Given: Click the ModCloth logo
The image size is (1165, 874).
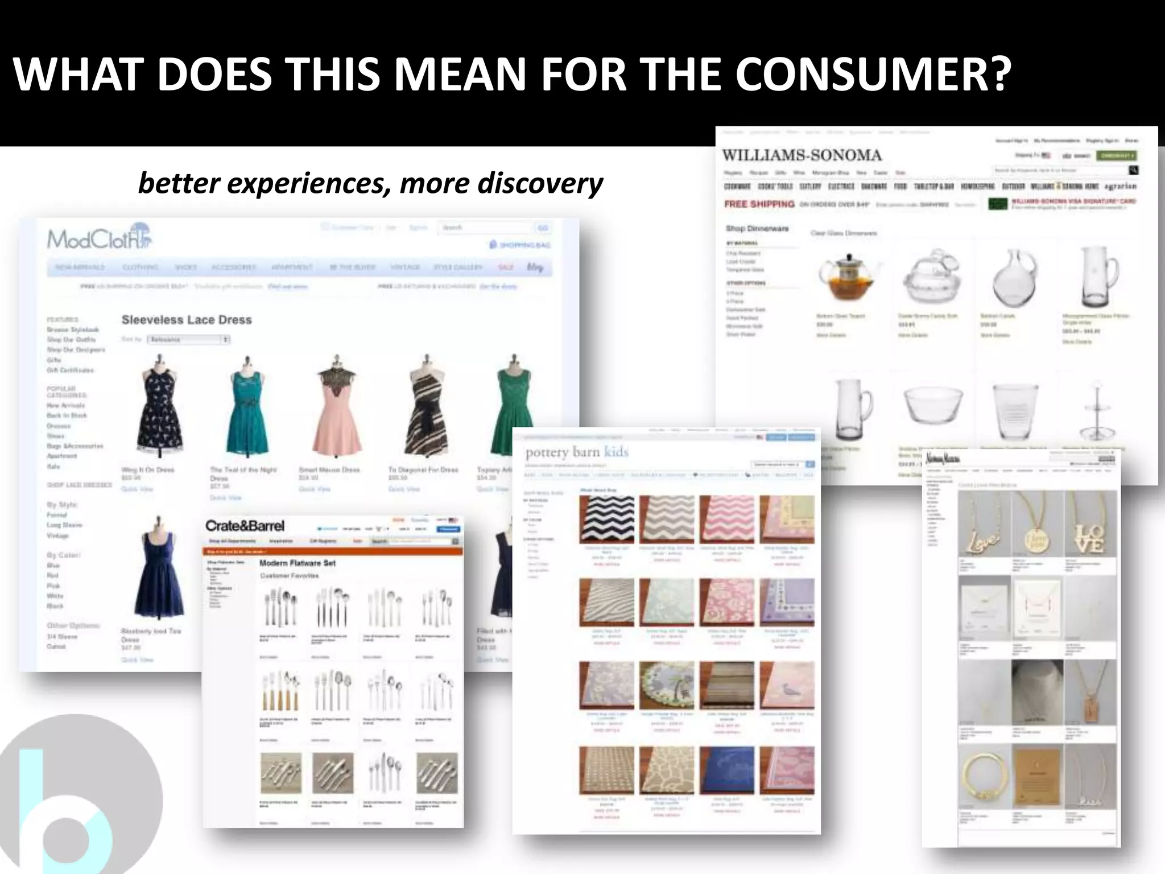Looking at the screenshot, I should [x=100, y=238].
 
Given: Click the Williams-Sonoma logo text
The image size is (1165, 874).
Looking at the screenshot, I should [x=802, y=155].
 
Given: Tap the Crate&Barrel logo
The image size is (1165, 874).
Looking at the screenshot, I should [x=245, y=526].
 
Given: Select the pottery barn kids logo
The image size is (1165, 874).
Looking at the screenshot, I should [x=577, y=453].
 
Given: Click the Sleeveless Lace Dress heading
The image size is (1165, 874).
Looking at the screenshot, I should [x=187, y=320].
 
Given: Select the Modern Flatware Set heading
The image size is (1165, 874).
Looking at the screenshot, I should [x=298, y=563].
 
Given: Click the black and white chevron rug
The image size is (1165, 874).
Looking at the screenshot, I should [x=606, y=519].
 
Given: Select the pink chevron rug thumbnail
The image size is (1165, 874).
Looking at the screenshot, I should [x=727, y=519].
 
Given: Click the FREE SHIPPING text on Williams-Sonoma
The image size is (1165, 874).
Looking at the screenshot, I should [x=759, y=204].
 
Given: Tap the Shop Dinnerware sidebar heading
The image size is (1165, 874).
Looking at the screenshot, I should [x=757, y=229].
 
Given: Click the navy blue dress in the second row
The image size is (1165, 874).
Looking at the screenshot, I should [x=159, y=575].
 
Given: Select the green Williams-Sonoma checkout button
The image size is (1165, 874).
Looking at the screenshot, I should [x=1117, y=155].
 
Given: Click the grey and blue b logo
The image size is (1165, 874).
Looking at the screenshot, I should [x=74, y=797].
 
